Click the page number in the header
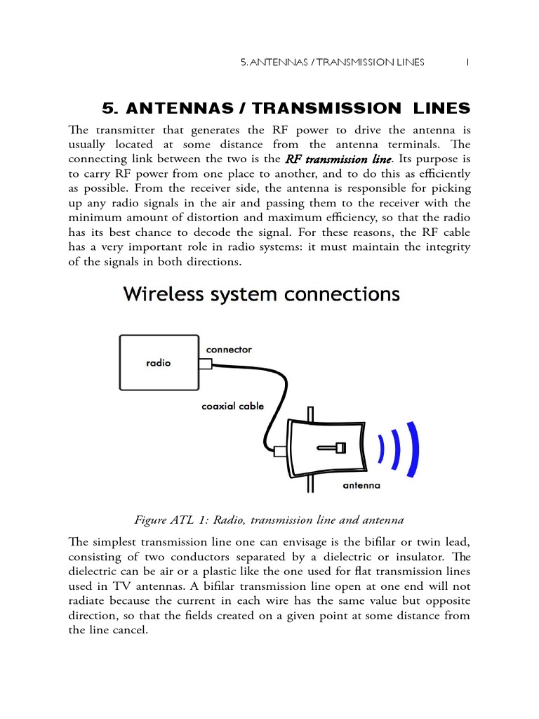(467, 62)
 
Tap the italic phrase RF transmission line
(338, 159)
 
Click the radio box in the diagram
(159, 363)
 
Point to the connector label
(229, 350)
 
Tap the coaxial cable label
(233, 406)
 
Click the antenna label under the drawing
(361, 485)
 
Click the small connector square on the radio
(205, 364)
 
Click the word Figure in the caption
(149, 520)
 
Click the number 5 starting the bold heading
(109, 108)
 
